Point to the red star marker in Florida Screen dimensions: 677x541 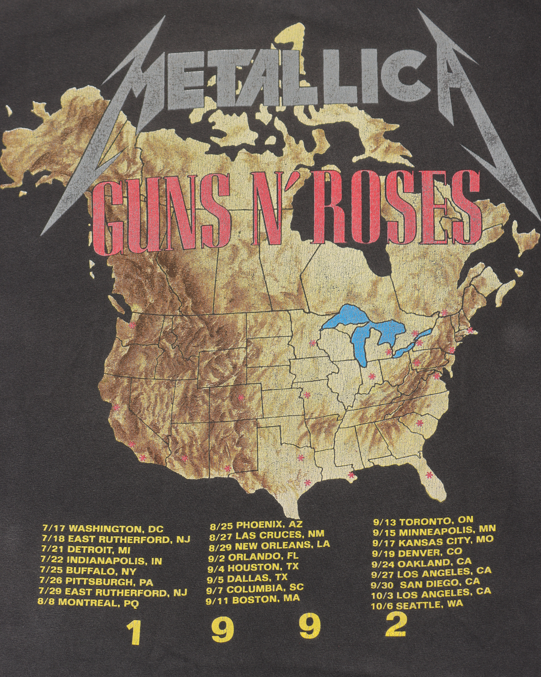point(429,475)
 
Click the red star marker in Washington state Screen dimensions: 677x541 point(132,326)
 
